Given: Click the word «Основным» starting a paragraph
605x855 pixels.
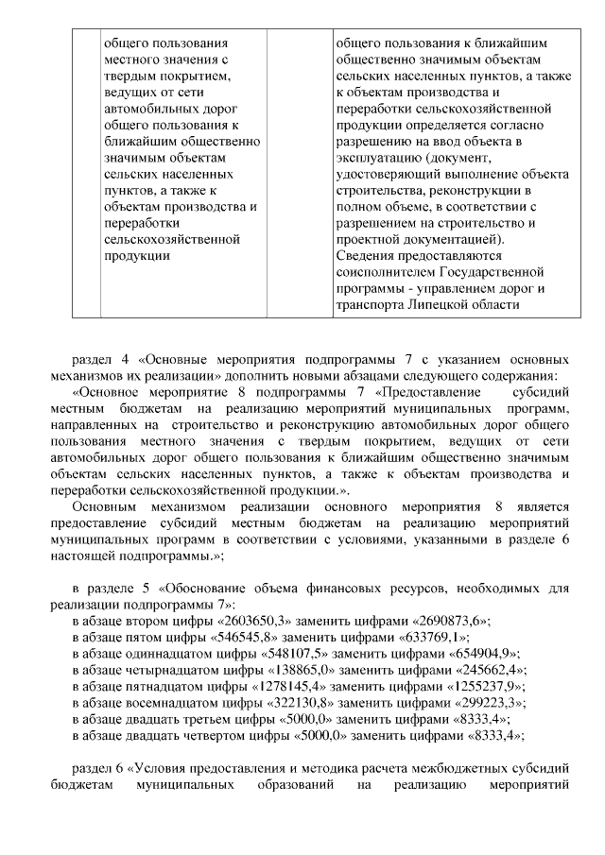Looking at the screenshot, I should click(105, 506).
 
